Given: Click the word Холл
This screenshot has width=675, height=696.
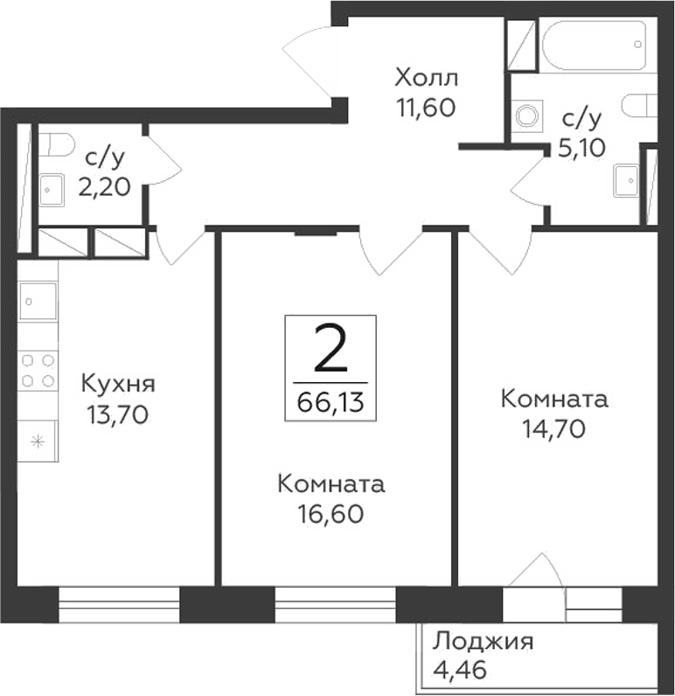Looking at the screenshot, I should point(426,78).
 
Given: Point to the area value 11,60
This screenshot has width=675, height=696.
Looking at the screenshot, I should point(426,108).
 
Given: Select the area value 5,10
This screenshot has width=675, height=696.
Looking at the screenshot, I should point(581,146).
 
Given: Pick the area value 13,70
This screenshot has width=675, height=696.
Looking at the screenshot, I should point(118,414).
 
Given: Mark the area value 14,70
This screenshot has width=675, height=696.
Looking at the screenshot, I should point(553,428).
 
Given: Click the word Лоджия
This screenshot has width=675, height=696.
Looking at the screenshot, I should point(483,643).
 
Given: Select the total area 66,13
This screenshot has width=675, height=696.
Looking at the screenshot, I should point(331,402).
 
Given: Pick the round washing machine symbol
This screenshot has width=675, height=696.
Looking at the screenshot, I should point(528,115).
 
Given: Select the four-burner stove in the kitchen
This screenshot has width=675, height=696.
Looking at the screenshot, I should point(38,370).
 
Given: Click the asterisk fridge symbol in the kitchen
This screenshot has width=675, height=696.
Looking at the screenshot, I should point(38,441).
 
